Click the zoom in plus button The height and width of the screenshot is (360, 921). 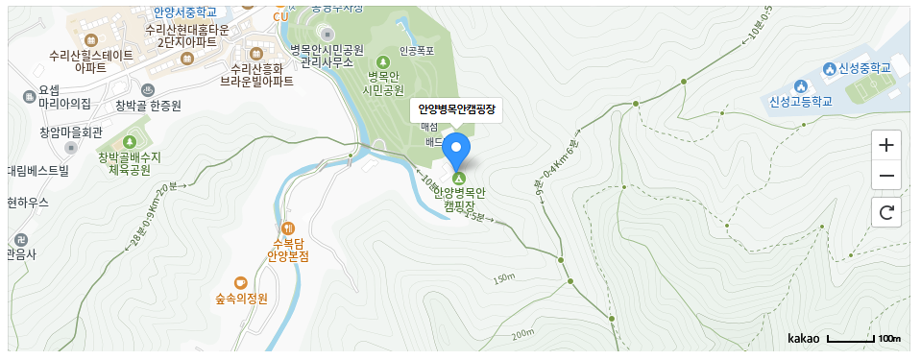click(885, 145)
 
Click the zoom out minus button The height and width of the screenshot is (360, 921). click(885, 176)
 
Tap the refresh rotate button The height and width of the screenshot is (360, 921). click(885, 212)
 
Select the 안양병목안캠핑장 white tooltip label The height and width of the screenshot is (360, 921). click(456, 109)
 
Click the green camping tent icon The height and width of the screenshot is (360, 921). click(458, 179)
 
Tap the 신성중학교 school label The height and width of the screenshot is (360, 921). click(858, 68)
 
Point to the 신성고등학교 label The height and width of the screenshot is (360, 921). click(798, 100)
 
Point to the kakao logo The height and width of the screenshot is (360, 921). click(803, 339)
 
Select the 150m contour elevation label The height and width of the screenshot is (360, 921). click(503, 279)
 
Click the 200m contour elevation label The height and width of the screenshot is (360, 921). click(522, 334)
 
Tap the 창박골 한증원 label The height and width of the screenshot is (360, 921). click(149, 105)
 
